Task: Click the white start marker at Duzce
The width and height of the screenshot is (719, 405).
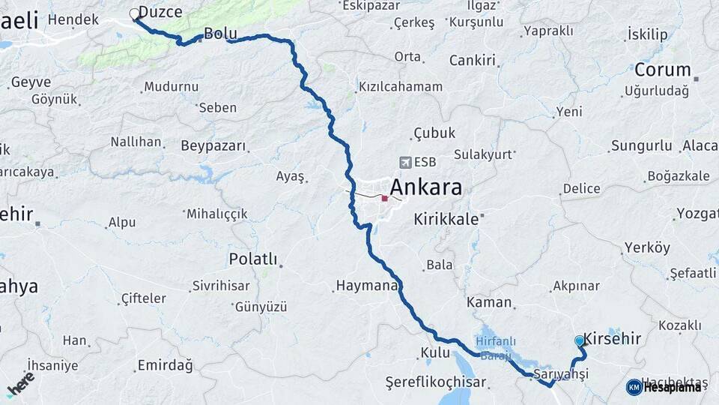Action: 135,13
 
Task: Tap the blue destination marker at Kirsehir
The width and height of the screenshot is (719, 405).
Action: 580,340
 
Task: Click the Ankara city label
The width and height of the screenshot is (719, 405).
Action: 426,187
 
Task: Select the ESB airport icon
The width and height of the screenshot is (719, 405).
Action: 405,162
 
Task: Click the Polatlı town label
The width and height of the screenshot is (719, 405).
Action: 253,259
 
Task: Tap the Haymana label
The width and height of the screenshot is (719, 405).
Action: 365,286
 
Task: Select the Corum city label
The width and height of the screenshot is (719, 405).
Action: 662,70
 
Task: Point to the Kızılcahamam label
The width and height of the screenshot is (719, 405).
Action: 401,87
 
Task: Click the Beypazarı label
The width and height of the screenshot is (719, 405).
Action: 213,145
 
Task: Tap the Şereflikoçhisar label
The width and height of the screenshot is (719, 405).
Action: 435,382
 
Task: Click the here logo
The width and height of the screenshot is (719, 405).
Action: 20,383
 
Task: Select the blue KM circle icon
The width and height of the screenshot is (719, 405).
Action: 634,387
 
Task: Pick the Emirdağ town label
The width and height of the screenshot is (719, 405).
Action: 165,366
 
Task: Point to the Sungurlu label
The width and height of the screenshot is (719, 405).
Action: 641,145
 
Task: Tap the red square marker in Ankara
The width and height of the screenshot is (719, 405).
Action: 385,199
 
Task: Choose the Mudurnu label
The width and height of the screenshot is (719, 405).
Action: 171,87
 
